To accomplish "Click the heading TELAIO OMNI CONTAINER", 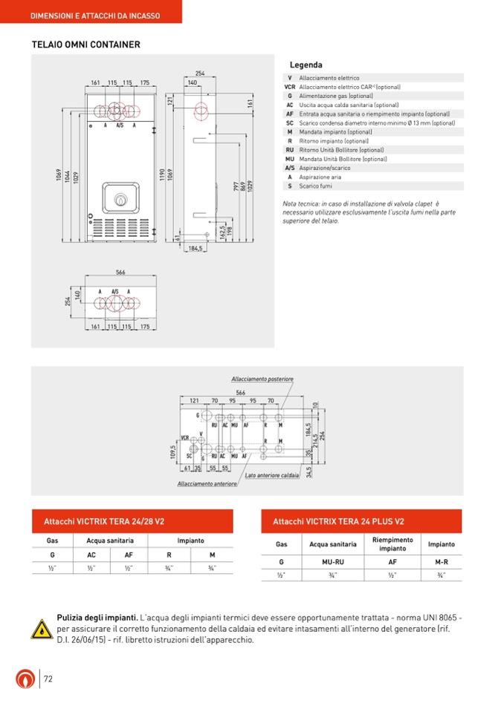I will click(x=85, y=45).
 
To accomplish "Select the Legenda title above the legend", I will click(x=306, y=65).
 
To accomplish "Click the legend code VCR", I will click(x=290, y=87).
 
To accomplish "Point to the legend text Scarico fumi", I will click(x=316, y=186).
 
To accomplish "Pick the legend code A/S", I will click(x=290, y=168).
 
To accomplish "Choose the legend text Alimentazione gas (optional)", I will click(x=336, y=96).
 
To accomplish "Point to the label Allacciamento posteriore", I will click(x=262, y=379).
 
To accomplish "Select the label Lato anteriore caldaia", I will click(x=272, y=475).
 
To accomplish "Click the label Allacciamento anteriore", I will click(x=207, y=484).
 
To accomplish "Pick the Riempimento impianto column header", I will click(x=392, y=544).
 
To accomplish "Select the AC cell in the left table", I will click(x=91, y=555).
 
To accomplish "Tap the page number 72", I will click(x=48, y=679).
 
